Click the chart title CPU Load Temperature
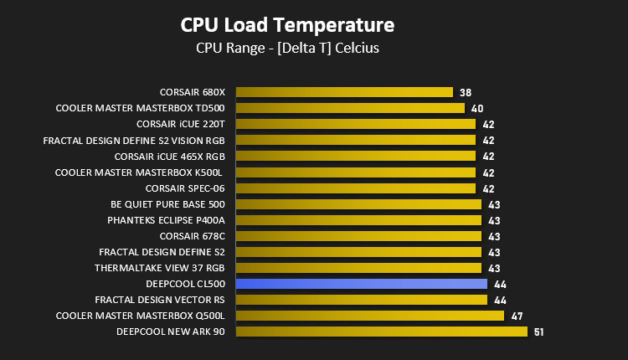click(287, 25)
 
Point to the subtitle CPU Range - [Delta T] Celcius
click(287, 48)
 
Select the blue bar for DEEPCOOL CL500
click(362, 284)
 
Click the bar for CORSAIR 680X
click(344, 92)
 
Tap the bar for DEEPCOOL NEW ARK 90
click(382, 332)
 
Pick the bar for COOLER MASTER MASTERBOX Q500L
click(370, 316)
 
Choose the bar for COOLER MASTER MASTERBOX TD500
click(351, 108)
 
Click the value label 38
click(466, 92)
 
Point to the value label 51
click(538, 332)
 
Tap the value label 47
click(517, 316)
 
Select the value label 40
click(477, 109)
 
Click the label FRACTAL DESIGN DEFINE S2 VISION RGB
click(134, 141)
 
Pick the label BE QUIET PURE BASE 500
click(167, 204)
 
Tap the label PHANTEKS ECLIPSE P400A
click(167, 220)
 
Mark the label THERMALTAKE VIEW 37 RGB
click(160, 268)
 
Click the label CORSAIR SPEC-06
click(185, 188)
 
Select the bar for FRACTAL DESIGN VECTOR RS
click(362, 300)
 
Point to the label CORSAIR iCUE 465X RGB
click(170, 157)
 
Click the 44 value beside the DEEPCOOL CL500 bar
click(500, 285)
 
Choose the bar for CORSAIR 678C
click(359, 236)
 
